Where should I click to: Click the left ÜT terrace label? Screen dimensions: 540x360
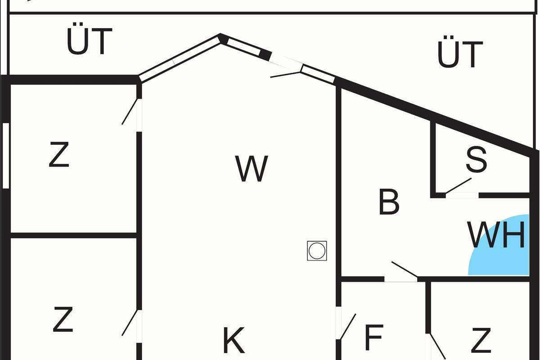[90, 39]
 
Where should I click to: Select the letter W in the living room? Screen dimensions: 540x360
[252, 169]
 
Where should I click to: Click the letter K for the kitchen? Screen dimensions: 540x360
[234, 340]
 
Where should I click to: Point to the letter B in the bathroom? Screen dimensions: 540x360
[389, 202]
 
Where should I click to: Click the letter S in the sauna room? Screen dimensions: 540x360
[476, 160]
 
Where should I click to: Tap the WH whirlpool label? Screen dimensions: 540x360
[496, 235]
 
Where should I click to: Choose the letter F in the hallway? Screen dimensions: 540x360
[374, 337]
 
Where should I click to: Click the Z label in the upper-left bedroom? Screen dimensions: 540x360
[59, 154]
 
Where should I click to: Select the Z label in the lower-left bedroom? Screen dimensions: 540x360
[63, 319]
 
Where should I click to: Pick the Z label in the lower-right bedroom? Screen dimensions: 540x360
[481, 340]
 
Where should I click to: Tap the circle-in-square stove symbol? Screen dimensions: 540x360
[317, 251]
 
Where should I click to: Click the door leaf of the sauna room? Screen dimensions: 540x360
[458, 186]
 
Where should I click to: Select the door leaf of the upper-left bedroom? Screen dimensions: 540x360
[130, 112]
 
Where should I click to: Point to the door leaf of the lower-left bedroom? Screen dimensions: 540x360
[130, 323]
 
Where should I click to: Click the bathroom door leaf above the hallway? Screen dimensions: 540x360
[405, 270]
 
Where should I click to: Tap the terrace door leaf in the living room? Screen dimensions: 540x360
[286, 75]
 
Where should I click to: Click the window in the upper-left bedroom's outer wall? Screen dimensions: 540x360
[6, 156]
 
